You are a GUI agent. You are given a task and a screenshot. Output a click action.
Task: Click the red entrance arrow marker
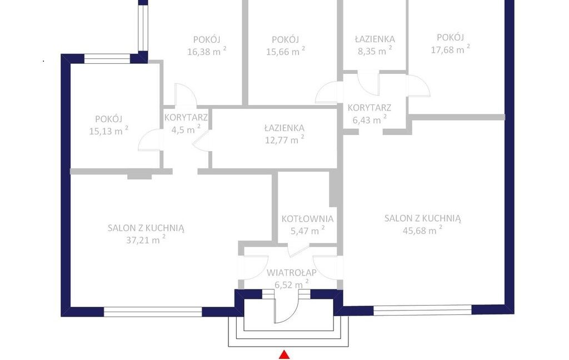point(286,354)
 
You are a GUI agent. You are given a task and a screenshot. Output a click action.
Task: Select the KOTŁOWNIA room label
point(307,219)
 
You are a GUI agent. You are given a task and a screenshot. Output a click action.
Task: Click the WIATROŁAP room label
point(292,272)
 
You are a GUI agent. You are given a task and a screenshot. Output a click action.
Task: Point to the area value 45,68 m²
point(422,229)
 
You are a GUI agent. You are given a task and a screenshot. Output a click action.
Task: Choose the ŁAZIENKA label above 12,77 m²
point(284,128)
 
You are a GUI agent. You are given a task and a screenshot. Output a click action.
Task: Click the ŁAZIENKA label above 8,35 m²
point(375,39)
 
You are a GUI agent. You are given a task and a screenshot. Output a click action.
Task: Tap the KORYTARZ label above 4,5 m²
point(186,118)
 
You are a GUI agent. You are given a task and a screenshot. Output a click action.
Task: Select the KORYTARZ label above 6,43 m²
point(370,108)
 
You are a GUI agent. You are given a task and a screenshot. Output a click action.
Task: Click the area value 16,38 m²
point(207,51)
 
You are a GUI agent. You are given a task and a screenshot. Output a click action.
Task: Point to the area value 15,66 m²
point(286,51)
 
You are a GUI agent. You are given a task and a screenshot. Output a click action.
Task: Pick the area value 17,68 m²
point(450,49)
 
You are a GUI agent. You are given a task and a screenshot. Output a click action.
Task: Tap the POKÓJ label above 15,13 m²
point(109,119)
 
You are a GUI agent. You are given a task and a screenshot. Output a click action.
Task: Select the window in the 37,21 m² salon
point(153,312)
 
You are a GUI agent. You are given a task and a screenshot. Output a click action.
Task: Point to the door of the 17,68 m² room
point(419,86)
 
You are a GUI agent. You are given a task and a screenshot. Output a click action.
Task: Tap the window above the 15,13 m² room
point(107,59)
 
